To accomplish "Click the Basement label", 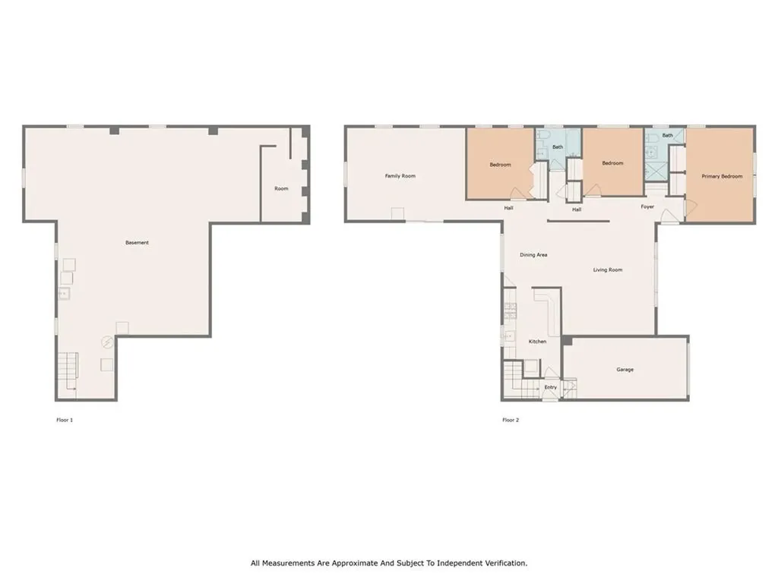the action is [137, 242].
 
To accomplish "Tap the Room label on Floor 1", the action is [281, 188].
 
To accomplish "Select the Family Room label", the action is [400, 176].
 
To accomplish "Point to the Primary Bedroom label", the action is [722, 176].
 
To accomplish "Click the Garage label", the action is [625, 370].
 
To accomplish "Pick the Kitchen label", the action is [537, 342].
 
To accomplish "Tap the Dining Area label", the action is [533, 255].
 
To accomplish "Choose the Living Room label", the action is [608, 269].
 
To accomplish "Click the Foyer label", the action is [647, 206].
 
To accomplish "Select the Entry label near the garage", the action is [551, 387].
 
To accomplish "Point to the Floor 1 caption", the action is [65, 420].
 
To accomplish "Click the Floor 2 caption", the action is [511, 420].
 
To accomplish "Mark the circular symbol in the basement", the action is [107, 342].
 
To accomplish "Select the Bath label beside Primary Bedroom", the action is [668, 135].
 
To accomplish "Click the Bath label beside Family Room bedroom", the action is [558, 147].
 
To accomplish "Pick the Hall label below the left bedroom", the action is [508, 208].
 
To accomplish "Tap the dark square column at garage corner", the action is [567, 341].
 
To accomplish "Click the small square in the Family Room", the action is [397, 213].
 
